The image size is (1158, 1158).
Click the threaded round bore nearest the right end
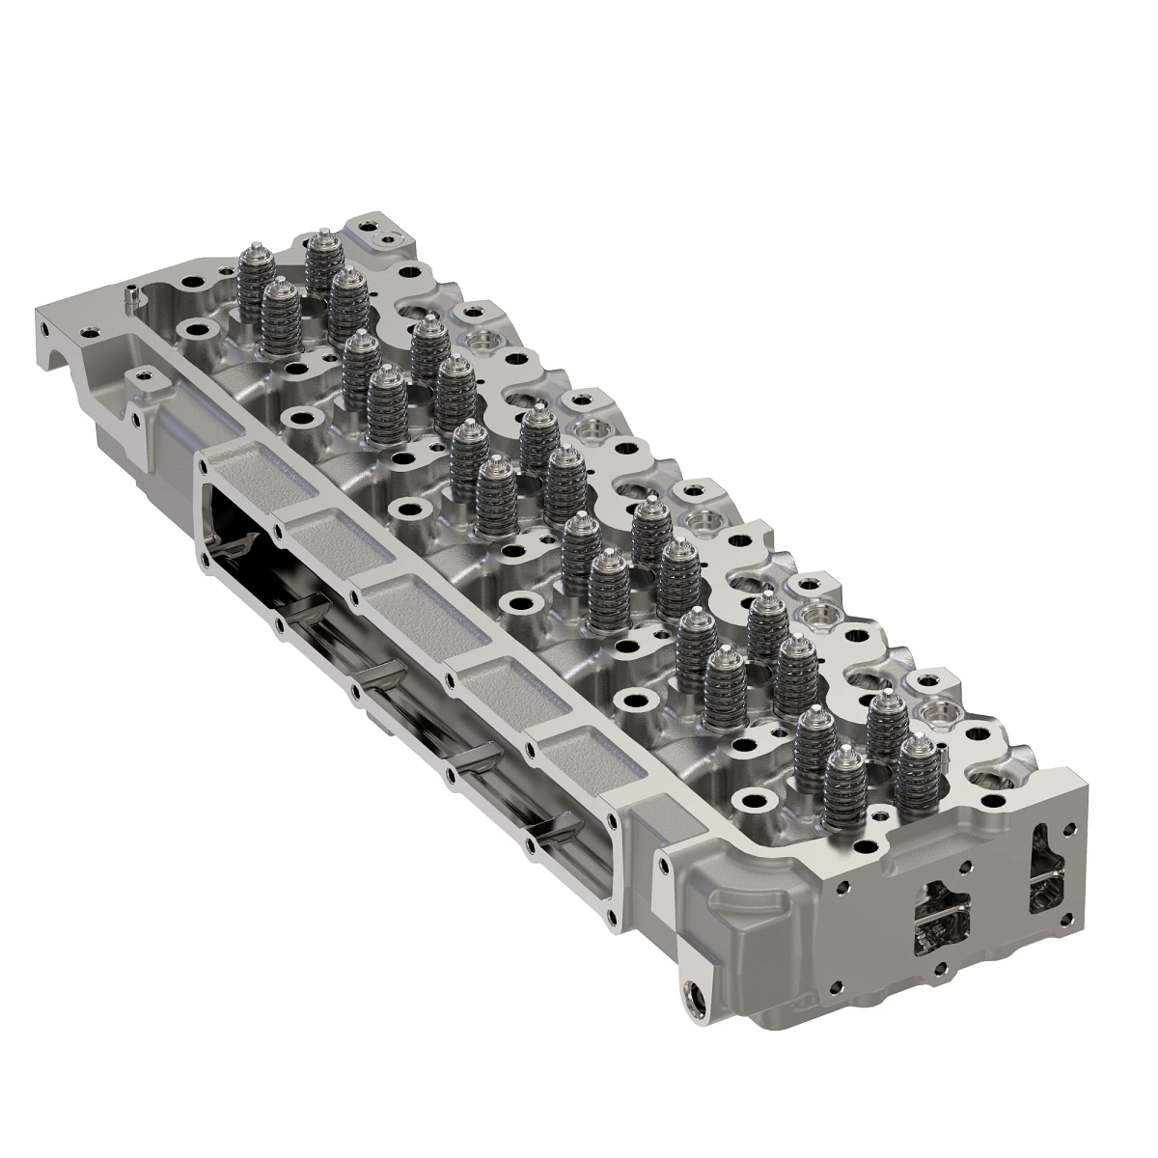coord(934,713)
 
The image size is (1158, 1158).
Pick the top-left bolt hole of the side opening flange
coord(204,466)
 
